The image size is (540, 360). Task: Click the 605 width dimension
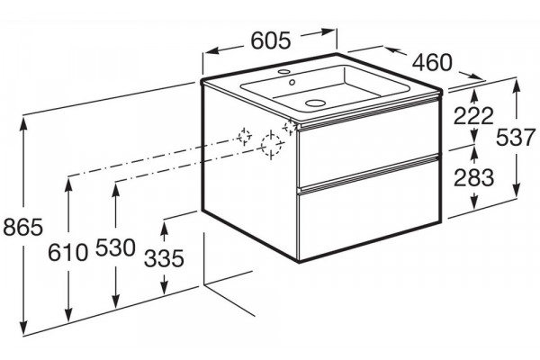coord(271,40)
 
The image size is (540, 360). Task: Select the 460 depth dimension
coord(432,62)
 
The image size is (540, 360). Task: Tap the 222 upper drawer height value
coord(474,116)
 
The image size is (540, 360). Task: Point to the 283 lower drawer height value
coord(474,178)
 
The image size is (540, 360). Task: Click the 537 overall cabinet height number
coord(516,137)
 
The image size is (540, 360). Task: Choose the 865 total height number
coord(23,228)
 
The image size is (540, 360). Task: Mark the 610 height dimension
coord(67,252)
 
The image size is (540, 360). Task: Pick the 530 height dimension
coord(115,247)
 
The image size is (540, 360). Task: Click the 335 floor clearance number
coord(164,258)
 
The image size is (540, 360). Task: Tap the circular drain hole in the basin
coord(315,103)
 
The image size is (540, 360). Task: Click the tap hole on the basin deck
coord(284,72)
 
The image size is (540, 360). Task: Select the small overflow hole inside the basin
coord(292,82)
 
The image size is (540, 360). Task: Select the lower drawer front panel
coord(368,209)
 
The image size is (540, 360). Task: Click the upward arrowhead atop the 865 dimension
coord(23,125)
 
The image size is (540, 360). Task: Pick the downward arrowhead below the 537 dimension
coord(516,190)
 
